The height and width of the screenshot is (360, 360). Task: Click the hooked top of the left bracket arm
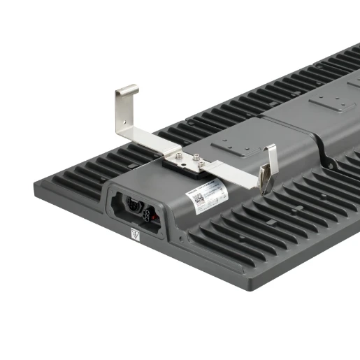point(127,90)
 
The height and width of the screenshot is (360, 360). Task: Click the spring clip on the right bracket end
point(266,178)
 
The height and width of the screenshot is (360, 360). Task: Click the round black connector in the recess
point(133,206)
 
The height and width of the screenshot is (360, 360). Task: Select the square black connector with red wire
point(153,212)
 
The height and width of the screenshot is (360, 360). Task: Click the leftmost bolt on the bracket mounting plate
point(179,157)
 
